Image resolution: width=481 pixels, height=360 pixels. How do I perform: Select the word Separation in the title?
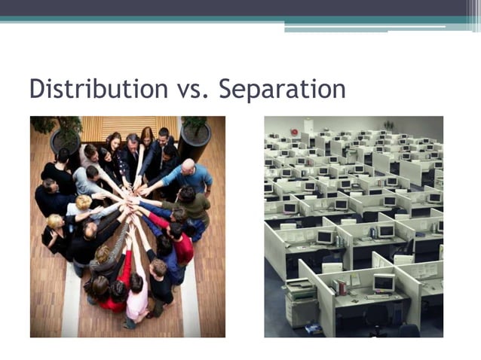point(282,90)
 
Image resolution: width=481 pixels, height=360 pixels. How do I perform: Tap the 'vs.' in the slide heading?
point(191,90)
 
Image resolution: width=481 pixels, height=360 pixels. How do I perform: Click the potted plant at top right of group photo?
point(195,136)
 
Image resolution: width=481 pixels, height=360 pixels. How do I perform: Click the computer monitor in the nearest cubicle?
point(384,283)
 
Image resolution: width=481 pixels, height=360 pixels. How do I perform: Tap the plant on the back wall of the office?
point(388,125)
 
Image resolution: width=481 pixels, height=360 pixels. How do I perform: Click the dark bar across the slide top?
point(240,8)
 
